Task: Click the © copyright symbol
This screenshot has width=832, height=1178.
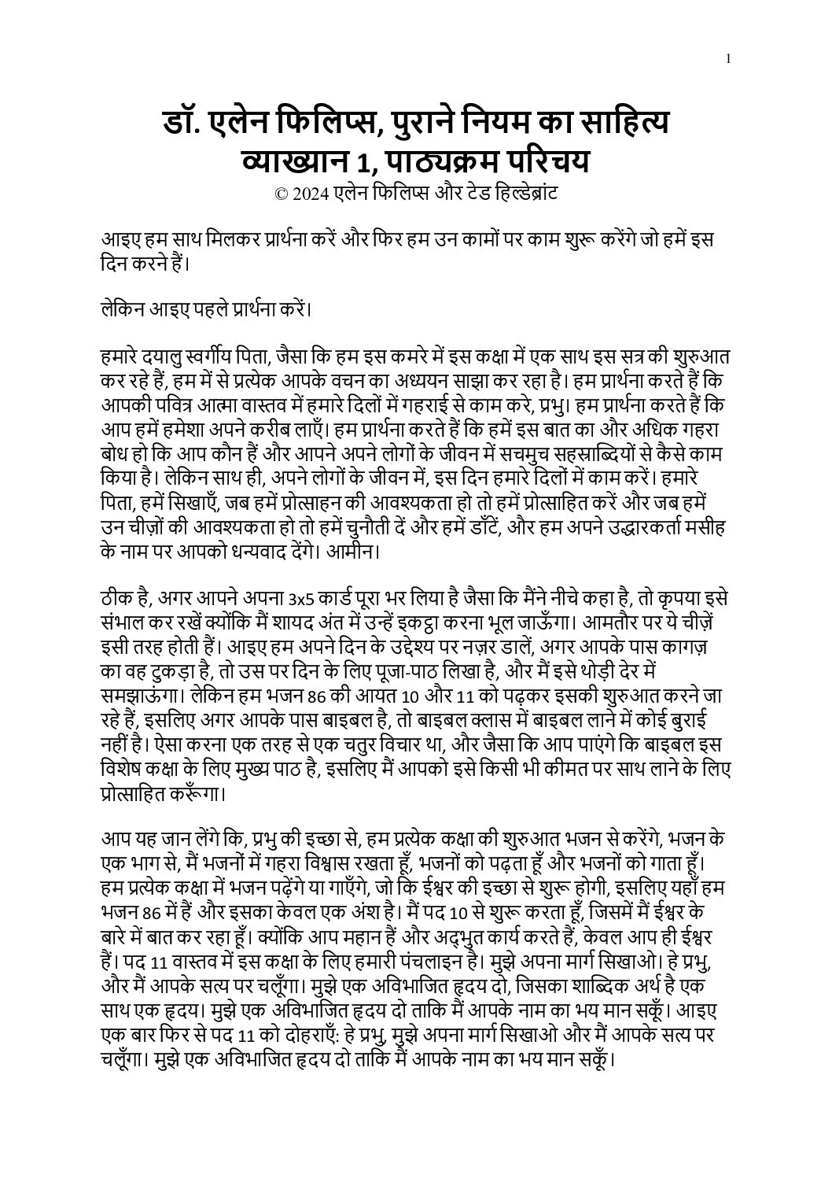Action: pos(281,194)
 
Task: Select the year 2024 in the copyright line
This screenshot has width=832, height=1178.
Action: pos(308,194)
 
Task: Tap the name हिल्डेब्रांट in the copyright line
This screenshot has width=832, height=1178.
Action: pos(521,194)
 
